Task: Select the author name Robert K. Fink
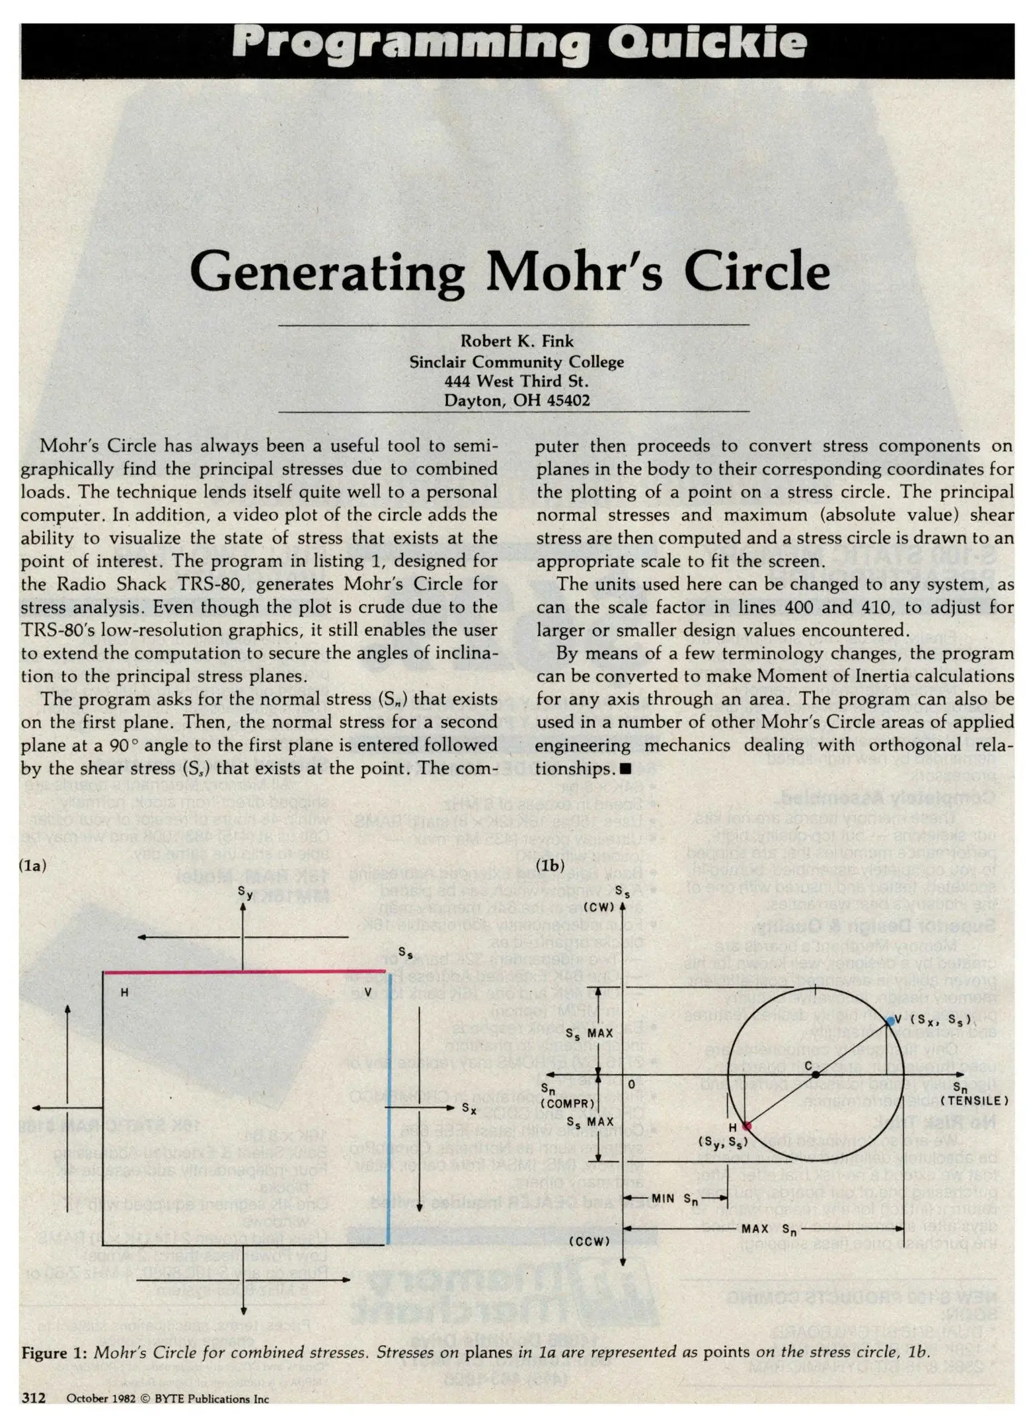point(517,341)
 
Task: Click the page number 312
point(33,1398)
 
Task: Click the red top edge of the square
point(245,971)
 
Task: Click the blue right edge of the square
point(388,1110)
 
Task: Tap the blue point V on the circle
point(890,1021)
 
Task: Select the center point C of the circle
point(816,1075)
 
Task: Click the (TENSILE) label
point(974,1101)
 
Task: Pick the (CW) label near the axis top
point(599,907)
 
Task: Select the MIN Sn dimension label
point(675,1198)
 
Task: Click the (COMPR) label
point(568,1103)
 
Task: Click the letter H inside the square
point(124,992)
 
